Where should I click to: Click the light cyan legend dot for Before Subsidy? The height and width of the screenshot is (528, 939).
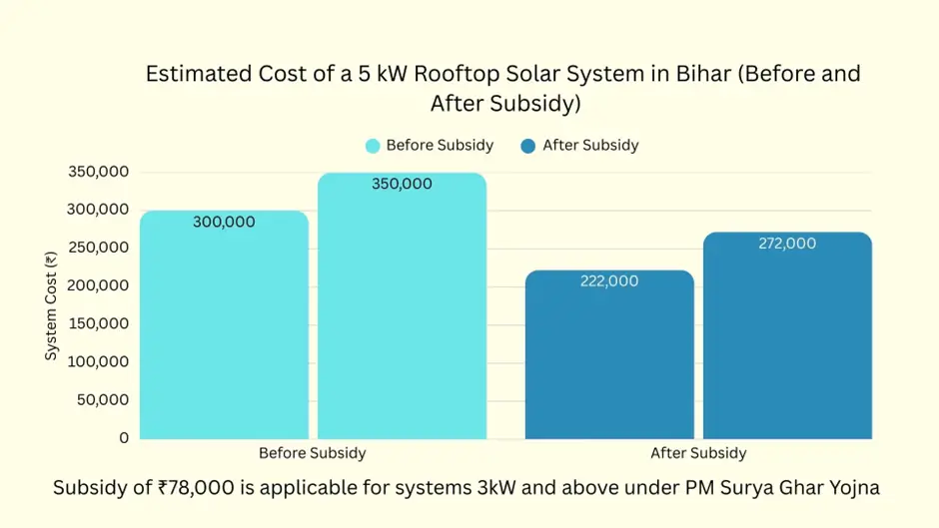tap(374, 146)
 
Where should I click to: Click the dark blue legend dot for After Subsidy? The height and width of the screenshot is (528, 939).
tap(528, 146)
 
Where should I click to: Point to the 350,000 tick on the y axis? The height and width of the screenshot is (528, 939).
tap(98, 172)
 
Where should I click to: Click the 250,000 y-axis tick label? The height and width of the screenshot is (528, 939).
tap(98, 248)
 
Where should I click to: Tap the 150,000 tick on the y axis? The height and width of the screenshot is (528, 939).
tap(98, 323)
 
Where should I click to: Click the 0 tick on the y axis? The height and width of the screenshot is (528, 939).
tap(124, 438)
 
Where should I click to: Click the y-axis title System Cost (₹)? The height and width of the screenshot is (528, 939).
tap(51, 306)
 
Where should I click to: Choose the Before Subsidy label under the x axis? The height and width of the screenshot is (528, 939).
tap(312, 453)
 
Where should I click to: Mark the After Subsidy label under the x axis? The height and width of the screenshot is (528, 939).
tap(698, 453)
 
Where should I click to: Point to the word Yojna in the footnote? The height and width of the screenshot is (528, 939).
tap(855, 488)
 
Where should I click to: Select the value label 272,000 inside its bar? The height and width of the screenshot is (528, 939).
tap(787, 244)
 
